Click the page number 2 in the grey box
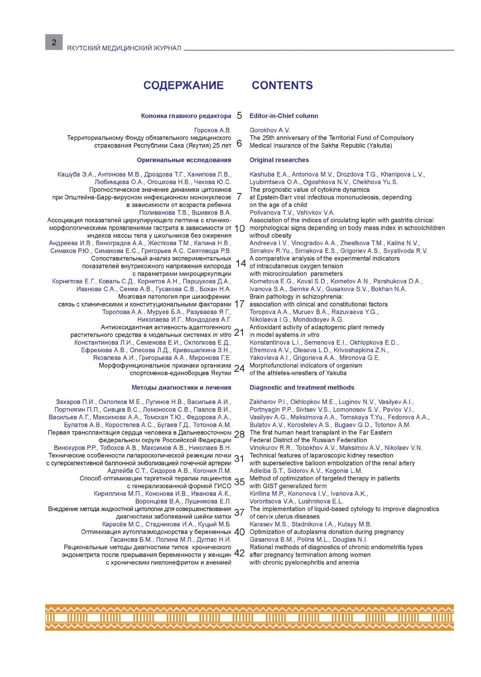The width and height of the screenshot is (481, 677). coord(54,42)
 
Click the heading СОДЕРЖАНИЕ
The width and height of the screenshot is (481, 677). coord(183,85)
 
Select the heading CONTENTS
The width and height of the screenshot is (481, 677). coord(282,85)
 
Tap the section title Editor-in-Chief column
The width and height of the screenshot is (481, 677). coord(284,116)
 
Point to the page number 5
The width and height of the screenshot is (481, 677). coord(239,116)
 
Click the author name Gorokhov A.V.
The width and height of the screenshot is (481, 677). coord(270,130)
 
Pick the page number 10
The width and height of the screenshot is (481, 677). coord(240,228)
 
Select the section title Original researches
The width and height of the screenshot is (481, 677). coord(279,160)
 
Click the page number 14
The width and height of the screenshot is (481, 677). coord(240,263)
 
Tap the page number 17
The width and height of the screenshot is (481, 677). coord(239,304)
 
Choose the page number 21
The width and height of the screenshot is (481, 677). coord(239,332)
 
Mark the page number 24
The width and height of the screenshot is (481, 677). coord(239,368)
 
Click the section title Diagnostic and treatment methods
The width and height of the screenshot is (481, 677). coord(301,387)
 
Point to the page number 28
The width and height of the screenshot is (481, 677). coord(239,434)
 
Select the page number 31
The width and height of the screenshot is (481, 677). coord(239,459)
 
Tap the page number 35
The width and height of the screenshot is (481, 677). coord(239,482)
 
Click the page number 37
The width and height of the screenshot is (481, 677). coord(239,512)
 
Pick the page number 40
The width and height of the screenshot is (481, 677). coord(239,532)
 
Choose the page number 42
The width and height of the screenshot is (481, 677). coord(239,553)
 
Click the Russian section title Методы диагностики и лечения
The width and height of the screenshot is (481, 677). coord(181,387)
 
